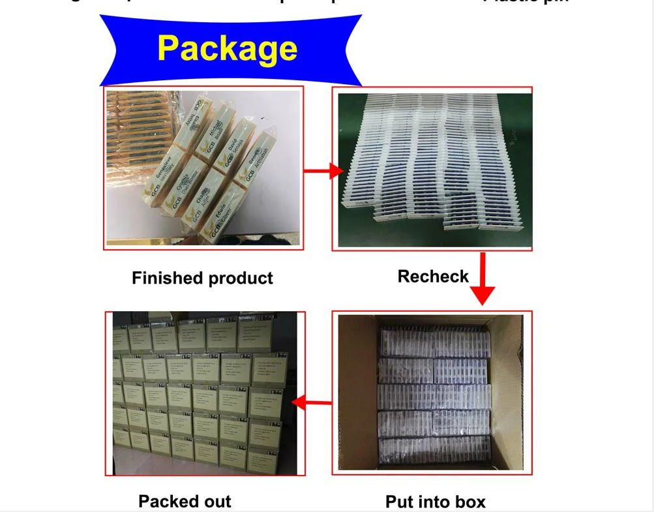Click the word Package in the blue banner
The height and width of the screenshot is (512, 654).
pos(227,48)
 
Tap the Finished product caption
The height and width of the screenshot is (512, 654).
pos(202,279)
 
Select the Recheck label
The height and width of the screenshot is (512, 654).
pos(433,277)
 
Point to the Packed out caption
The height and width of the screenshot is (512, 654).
pos(185,501)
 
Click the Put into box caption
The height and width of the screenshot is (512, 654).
pos(435,502)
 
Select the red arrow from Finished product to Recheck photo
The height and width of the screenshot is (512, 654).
pos(323,172)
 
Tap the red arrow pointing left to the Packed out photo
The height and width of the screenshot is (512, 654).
pos(312,403)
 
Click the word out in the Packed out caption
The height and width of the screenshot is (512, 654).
pos(216,501)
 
